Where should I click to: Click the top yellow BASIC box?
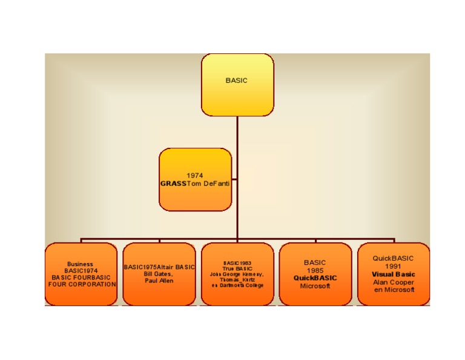coord(237,84)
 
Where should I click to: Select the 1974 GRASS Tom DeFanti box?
coord(195,179)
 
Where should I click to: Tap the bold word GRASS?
coord(173,183)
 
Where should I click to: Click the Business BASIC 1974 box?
coord(81,274)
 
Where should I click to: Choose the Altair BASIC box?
coord(159,274)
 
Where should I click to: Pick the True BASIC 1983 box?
coord(237,274)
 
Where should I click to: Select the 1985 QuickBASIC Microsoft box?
coord(315,274)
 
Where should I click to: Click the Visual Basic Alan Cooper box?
coord(394,274)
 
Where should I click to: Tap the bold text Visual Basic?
coord(394,274)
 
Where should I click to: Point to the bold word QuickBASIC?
coord(315,278)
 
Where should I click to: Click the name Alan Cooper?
coord(394,282)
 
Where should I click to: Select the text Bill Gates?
coord(159,274)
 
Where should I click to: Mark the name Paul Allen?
coord(159,281)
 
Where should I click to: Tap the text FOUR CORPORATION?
coord(82,284)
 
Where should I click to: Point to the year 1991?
coord(394,266)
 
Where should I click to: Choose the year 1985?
coord(315,270)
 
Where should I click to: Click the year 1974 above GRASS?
coord(195,176)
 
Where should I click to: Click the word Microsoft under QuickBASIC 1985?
coord(315,286)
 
